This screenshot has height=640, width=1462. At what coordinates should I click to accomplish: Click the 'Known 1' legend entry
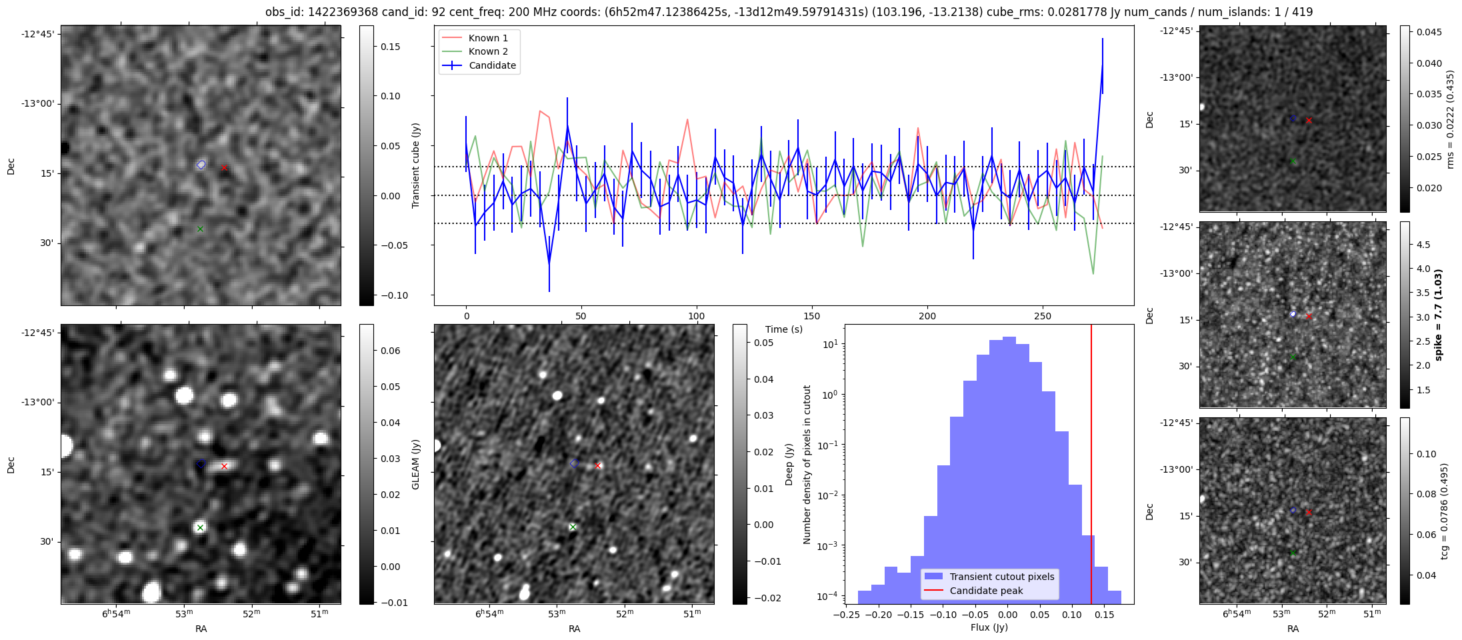488,38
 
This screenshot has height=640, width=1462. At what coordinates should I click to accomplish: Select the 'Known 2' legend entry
488,51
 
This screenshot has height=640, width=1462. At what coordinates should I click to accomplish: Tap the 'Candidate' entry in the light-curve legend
492,65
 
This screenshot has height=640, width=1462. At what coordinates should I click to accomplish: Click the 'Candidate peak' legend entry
986,591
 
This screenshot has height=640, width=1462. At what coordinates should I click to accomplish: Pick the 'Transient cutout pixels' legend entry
1002,577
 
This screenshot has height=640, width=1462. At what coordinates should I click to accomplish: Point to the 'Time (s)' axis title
783,329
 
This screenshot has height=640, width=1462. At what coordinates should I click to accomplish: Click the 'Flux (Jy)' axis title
989,627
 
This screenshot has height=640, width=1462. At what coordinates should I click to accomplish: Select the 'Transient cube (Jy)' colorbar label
416,165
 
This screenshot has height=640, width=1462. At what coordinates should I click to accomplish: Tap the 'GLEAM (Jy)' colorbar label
416,464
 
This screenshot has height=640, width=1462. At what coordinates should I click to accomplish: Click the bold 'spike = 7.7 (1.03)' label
1438,315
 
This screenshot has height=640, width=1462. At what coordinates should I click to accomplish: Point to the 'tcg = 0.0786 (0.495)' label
1444,511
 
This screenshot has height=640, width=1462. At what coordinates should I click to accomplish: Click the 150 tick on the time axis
812,316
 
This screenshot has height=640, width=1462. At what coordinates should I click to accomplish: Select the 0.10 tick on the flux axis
1072,615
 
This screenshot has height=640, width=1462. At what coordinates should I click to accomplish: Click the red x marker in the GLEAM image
224,467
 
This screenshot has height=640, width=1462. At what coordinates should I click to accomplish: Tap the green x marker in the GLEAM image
200,527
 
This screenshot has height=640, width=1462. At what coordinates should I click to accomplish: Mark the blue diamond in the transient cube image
201,165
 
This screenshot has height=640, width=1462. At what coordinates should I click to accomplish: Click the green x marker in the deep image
572,527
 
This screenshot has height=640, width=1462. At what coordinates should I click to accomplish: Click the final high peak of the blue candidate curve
1103,65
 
